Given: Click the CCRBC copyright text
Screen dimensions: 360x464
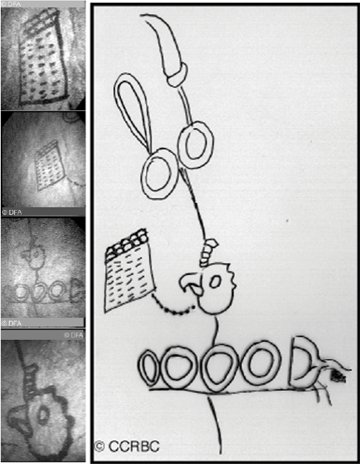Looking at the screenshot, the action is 126,446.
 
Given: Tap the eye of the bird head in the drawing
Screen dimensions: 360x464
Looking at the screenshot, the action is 215,282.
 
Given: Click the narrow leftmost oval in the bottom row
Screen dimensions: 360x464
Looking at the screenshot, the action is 149,368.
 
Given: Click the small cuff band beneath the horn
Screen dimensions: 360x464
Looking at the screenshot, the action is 177,75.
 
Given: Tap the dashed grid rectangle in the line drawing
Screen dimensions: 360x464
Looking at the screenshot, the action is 129,270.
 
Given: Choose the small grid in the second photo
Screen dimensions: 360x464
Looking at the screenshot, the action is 50,165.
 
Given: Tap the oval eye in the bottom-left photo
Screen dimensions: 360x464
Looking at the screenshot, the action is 43,415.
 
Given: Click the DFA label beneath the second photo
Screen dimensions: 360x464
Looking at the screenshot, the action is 12,212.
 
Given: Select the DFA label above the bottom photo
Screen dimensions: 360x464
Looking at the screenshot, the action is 74,335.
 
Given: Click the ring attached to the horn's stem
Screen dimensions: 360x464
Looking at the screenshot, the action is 195,146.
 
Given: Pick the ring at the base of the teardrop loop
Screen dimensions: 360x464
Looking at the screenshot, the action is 160,174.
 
